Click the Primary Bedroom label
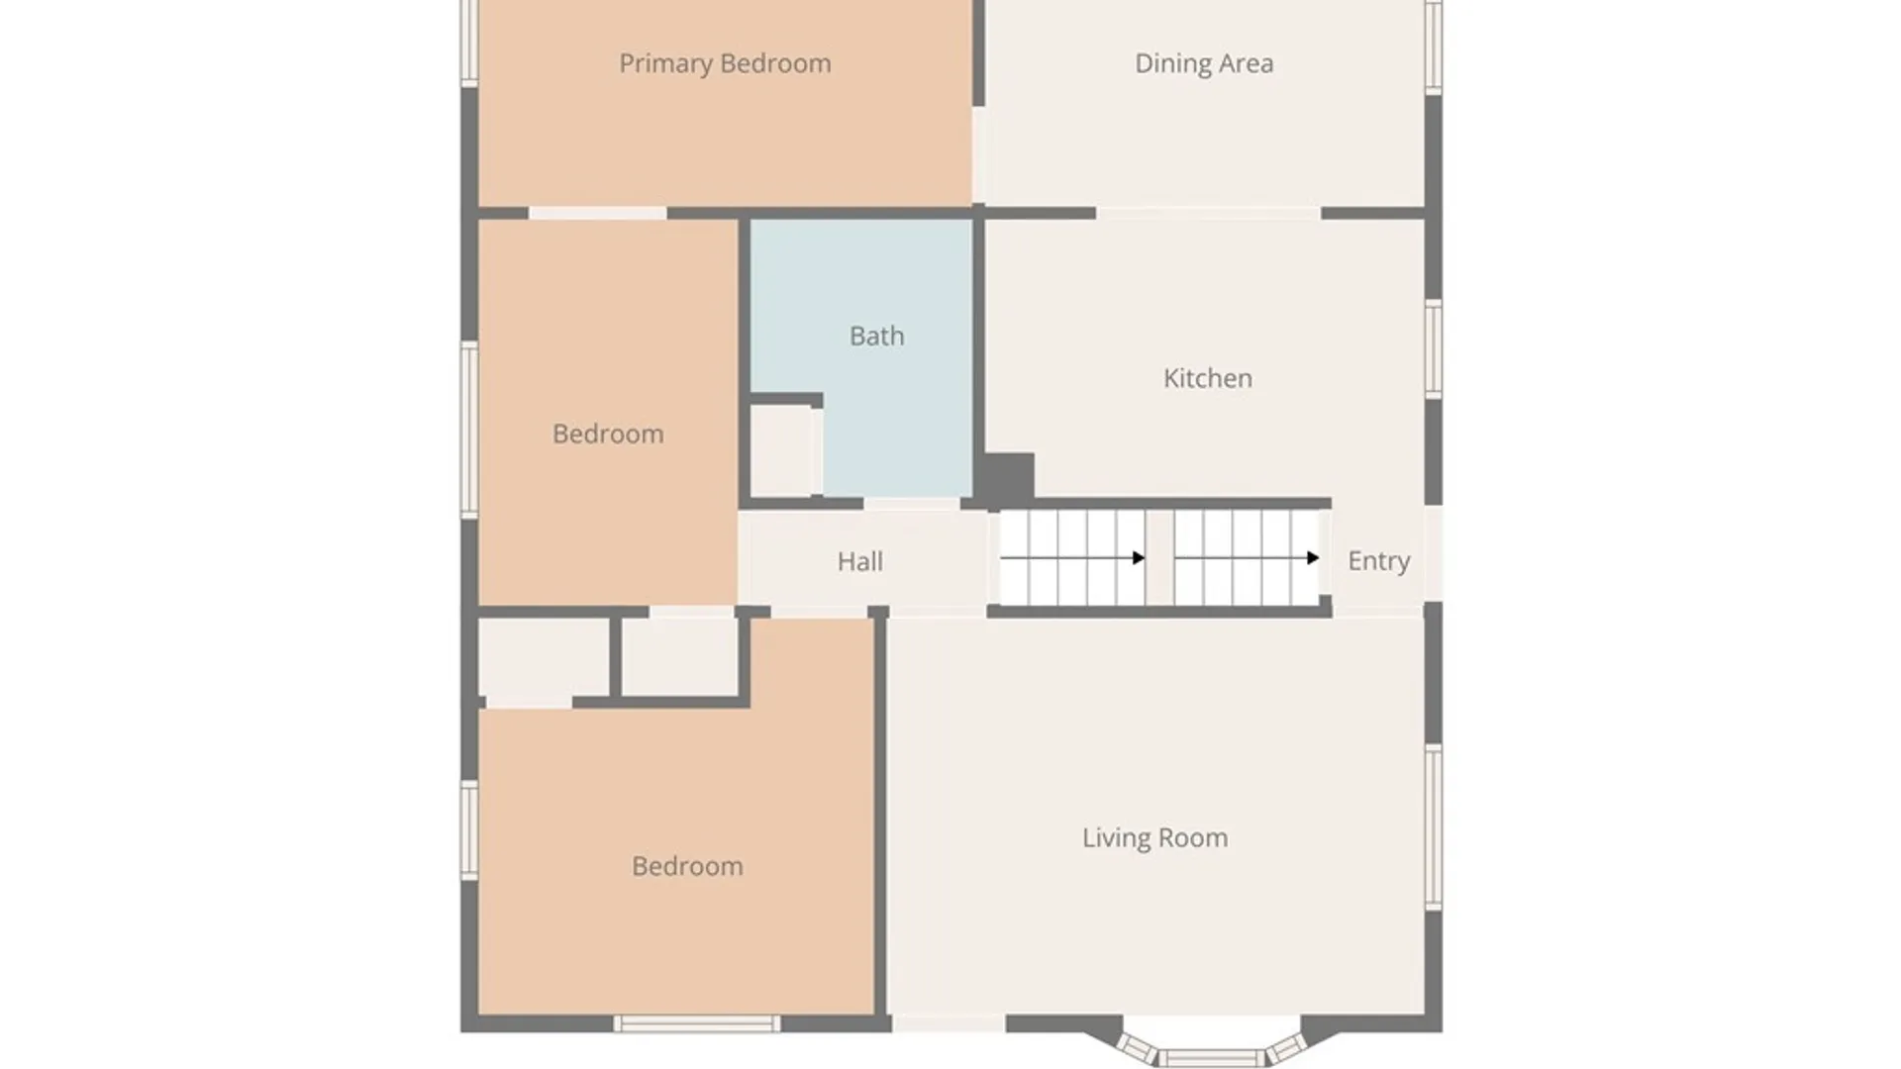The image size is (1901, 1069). coord(725,64)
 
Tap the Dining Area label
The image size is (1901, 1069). coord(1204,64)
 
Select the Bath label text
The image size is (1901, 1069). coord(876,337)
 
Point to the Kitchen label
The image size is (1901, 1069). coord(1207,378)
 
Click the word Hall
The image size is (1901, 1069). coord(859,562)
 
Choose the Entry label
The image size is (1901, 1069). coord(1378,561)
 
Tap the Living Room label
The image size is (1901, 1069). coord(1154,838)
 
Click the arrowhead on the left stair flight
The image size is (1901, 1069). coord(1139,558)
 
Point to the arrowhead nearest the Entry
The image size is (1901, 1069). coord(1313,558)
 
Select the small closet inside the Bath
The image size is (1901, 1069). coord(781,450)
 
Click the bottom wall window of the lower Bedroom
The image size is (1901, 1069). coord(697,1024)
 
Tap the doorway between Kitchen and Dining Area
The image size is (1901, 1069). coord(1208,213)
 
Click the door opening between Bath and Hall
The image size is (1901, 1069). coord(911,504)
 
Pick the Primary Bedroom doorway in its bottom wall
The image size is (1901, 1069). coord(597,213)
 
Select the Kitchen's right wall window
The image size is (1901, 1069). coord(1433,348)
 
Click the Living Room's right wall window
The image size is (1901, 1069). coord(1433,826)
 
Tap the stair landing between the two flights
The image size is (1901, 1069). coord(1159,558)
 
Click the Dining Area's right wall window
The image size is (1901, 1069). coord(1433,47)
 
